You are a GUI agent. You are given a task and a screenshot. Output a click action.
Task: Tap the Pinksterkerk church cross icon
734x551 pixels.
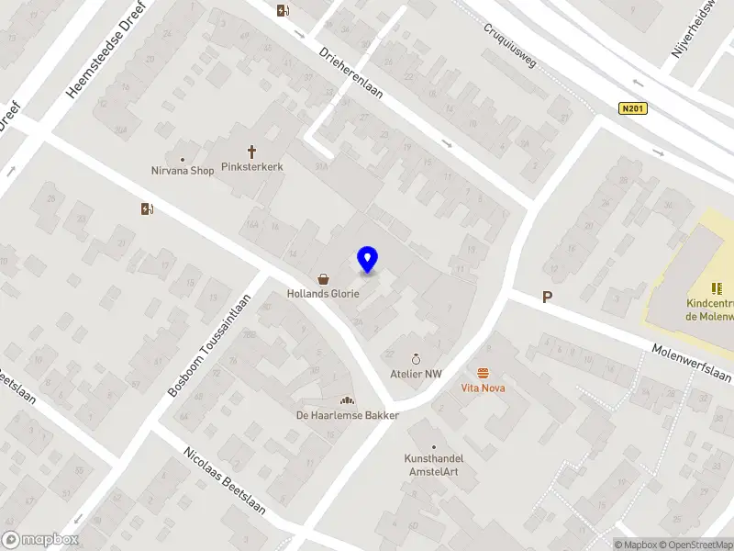point(251,152)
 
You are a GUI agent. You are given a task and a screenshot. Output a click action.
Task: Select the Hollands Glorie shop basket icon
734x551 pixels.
point(323,278)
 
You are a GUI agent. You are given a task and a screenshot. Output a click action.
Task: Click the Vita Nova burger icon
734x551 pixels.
point(483,372)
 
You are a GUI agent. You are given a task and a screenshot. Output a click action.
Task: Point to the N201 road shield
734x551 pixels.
point(633,109)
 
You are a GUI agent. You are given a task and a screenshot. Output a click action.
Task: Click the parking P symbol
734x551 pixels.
point(548,297)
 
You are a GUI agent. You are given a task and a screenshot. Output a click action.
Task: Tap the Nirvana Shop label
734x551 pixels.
point(183,171)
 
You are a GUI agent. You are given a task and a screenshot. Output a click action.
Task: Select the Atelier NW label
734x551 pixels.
point(416,375)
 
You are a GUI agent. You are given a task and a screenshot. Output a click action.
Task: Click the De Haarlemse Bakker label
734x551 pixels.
point(347,415)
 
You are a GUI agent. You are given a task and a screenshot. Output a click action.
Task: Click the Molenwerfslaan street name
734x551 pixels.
point(692,364)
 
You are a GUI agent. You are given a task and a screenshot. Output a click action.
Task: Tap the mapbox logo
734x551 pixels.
point(40,540)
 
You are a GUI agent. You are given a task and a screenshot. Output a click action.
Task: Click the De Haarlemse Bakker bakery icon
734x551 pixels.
point(347,399)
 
